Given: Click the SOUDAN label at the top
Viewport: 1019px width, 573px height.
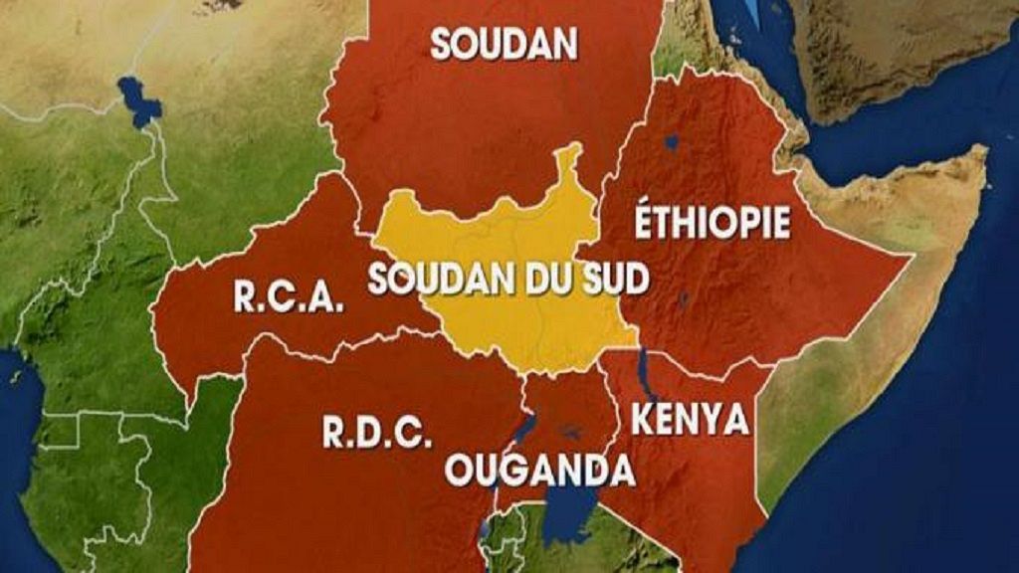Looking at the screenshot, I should (505, 43).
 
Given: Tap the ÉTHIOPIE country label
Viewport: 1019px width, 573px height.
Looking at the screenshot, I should (713, 222).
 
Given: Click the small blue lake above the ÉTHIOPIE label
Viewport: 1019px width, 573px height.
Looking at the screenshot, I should (674, 141).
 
